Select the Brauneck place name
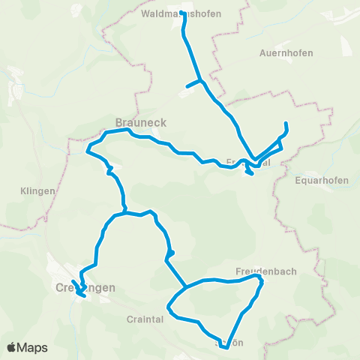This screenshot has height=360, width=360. [140, 121]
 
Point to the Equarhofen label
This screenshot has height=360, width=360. [321, 180]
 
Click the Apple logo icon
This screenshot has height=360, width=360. [13, 347]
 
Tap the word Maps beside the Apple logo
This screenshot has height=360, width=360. [34, 347]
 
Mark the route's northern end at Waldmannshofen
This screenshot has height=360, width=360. [184, 13]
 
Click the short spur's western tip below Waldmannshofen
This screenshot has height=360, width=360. [187, 86]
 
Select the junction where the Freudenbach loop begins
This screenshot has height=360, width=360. [186, 286]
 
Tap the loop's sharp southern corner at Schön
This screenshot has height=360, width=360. [226, 347]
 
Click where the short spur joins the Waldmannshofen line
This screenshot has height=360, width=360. [200, 80]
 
